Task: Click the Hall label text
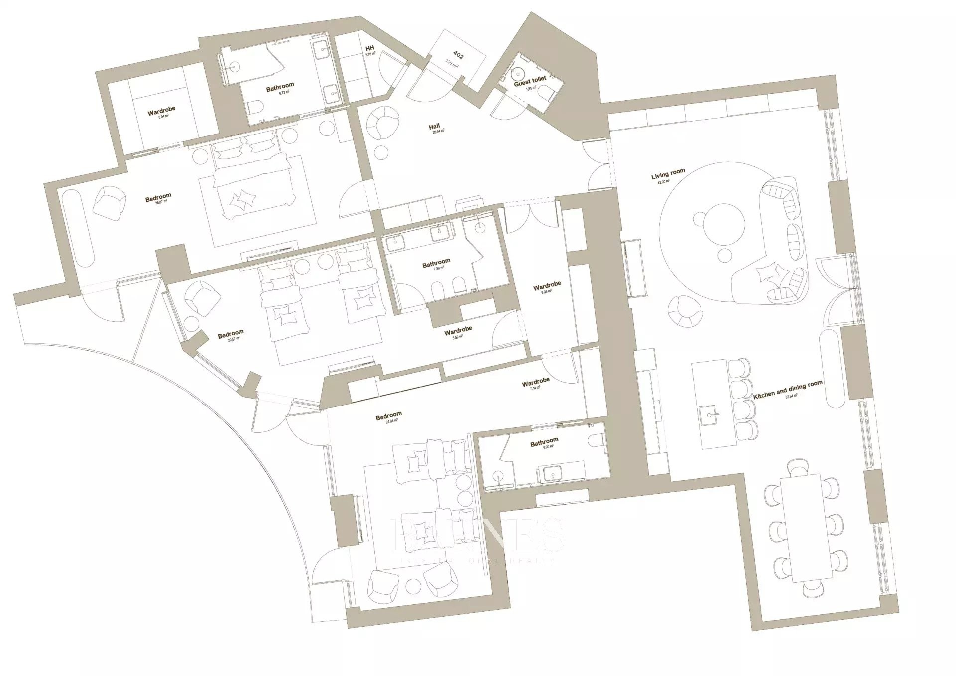pyautogui.click(x=434, y=127)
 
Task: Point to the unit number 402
pyautogui.click(x=458, y=54)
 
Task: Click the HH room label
pyautogui.click(x=369, y=48)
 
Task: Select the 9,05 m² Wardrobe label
pyautogui.click(x=547, y=286)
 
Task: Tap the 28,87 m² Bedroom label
pyautogui.click(x=158, y=198)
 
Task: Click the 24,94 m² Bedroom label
pyautogui.click(x=388, y=416)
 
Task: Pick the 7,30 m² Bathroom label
pyautogui.click(x=436, y=262)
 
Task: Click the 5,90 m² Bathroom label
pyautogui.click(x=544, y=441)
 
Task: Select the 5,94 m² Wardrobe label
pyautogui.click(x=161, y=110)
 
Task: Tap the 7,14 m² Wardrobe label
pyautogui.click(x=535, y=382)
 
